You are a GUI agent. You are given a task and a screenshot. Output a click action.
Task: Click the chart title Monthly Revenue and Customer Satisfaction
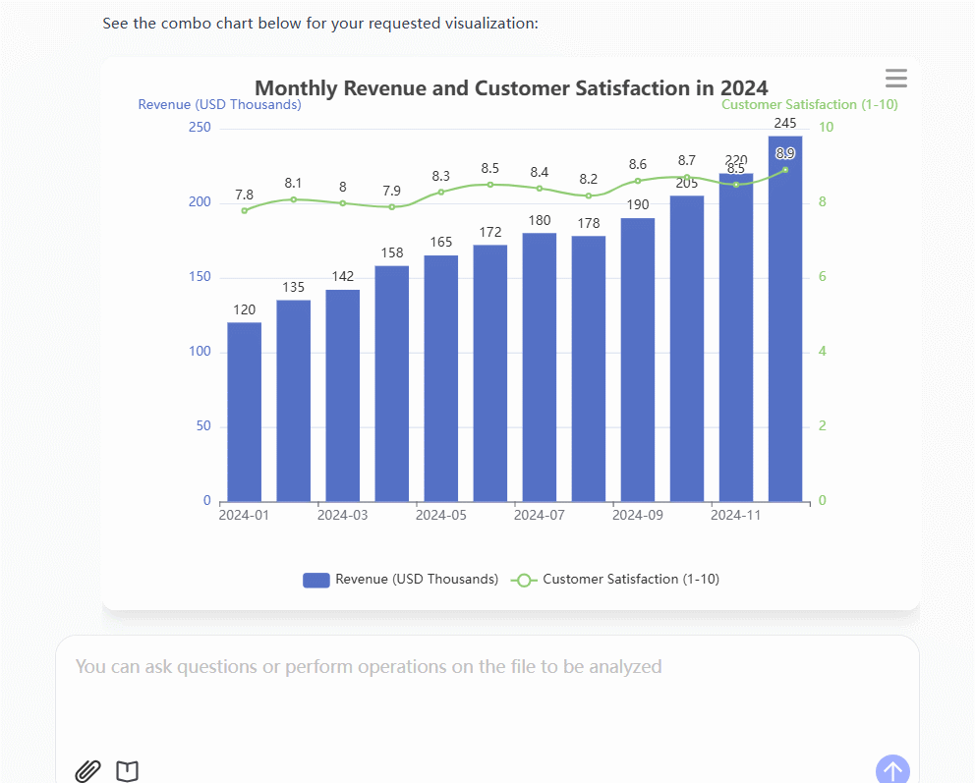point(511,88)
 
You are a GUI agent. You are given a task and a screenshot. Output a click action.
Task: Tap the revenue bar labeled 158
point(392,383)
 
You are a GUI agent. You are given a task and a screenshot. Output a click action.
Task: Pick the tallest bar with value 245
point(785,318)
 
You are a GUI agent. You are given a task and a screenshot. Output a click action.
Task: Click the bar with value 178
point(589,368)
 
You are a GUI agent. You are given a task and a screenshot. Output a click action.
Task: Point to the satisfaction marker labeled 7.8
point(245,210)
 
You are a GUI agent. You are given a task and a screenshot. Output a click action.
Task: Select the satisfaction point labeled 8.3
point(441,192)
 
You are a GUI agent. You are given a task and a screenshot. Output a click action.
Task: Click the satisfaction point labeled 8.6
point(638,181)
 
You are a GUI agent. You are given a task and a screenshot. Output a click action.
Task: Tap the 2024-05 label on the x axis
point(441,515)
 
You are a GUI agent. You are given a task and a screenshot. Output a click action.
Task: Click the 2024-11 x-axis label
point(736,515)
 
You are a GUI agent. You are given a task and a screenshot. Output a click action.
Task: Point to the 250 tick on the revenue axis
point(200,128)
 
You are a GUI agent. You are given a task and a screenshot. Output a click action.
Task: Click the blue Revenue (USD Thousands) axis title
point(219,104)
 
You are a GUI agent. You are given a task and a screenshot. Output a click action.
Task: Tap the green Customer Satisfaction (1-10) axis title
point(809,104)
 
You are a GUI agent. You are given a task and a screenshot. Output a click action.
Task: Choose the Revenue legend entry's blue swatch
point(315,580)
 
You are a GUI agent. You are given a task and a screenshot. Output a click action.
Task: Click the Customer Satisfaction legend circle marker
point(524,580)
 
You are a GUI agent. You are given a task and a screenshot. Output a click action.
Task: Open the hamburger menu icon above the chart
point(895,79)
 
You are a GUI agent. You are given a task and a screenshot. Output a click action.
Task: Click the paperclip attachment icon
point(88,771)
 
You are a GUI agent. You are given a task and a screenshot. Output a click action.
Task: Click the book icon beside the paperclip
point(127,771)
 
